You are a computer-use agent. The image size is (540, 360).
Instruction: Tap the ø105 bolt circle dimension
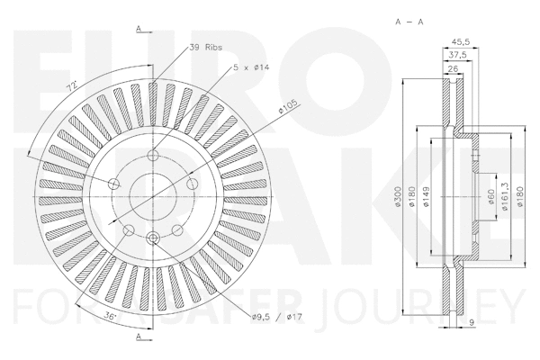(288, 107)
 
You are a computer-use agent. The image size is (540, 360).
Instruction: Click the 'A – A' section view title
(410, 20)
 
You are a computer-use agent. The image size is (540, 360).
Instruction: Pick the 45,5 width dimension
(459, 40)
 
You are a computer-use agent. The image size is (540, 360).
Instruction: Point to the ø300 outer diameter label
(397, 199)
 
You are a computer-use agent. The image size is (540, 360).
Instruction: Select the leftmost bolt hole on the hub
(113, 184)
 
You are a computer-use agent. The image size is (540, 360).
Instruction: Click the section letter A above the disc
(139, 29)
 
